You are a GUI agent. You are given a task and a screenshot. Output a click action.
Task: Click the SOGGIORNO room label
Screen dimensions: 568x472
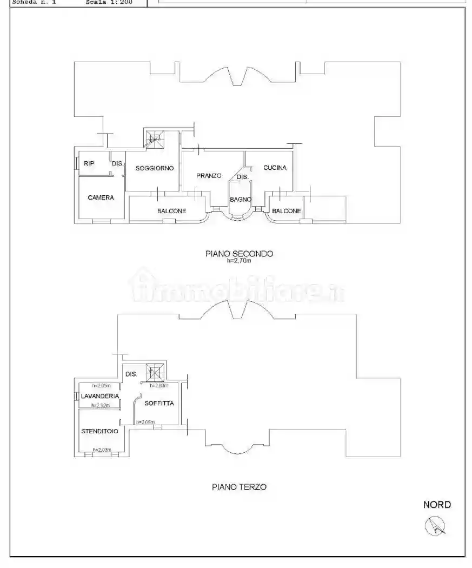(x=155, y=168)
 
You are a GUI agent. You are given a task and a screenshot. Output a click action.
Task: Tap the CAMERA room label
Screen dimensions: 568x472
(x=101, y=197)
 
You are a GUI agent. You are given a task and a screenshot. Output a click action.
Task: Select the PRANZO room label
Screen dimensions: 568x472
(x=209, y=175)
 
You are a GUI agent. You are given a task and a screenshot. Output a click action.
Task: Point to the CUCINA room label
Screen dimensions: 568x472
(x=275, y=168)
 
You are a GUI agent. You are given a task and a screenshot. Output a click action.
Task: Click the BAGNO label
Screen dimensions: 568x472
(x=240, y=200)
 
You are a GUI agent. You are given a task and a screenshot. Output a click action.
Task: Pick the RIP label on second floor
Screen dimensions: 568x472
(x=89, y=163)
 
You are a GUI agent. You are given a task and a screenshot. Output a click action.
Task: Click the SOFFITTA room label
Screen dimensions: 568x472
(x=159, y=403)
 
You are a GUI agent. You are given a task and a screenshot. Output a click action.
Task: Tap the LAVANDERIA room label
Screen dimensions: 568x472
(x=100, y=396)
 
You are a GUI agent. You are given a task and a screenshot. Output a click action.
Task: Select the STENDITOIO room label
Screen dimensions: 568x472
(x=100, y=431)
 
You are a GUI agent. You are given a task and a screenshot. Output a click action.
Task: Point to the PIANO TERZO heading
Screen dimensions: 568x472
(x=239, y=487)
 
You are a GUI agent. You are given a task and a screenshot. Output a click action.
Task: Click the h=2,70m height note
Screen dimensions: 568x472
(x=239, y=260)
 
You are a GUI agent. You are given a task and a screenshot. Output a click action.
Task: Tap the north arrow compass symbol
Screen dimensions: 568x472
(x=436, y=525)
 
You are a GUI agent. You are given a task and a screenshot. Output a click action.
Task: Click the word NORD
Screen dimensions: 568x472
(x=437, y=505)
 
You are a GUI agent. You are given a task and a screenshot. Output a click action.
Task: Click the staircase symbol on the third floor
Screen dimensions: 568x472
(x=156, y=373)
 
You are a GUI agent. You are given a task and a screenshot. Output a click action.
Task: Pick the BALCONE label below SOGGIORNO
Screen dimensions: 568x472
(x=172, y=211)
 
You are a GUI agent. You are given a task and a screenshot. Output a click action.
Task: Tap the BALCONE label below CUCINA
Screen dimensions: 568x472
(x=287, y=211)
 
